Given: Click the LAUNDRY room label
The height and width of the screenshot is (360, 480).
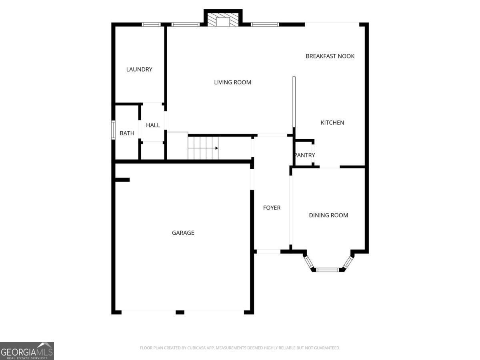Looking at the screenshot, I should click(139, 69).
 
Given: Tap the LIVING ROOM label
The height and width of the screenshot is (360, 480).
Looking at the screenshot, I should click(232, 82).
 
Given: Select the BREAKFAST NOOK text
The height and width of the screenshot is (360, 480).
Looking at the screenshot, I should click(330, 56).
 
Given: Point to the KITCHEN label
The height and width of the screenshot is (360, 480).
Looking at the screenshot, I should click(332, 122).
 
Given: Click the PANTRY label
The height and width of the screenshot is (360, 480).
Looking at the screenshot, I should click(304, 155).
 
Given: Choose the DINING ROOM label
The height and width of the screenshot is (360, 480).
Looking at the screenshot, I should click(328, 215).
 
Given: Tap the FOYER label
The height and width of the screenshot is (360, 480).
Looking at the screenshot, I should click(272, 208).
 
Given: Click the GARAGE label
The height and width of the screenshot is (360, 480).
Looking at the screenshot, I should click(183, 232).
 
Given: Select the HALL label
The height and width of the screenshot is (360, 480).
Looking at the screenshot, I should click(153, 125).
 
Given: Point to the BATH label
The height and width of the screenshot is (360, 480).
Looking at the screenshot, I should click(127, 133).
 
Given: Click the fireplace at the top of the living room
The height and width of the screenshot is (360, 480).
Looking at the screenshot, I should click(223, 21).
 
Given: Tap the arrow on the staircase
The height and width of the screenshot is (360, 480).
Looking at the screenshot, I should click(216, 148).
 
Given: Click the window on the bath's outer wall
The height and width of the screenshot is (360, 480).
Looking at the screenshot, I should click(113, 130).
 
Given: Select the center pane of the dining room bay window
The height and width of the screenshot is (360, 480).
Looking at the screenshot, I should click(328, 270).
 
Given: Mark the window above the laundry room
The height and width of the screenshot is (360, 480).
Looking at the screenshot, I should click(151, 24).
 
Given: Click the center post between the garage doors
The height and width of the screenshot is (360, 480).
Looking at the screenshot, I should click(180, 312).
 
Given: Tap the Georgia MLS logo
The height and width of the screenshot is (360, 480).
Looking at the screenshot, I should click(27, 351).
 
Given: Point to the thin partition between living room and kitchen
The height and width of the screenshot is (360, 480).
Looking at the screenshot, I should click(294, 102).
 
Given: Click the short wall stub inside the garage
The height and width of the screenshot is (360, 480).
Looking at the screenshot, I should click(122, 180).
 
